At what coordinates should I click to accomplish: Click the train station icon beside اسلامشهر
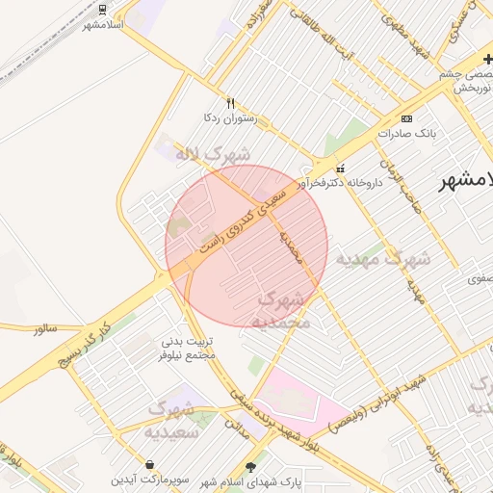(x=103, y=10)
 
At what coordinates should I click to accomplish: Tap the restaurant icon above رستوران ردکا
(x=230, y=102)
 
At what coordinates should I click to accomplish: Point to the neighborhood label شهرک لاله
(x=212, y=154)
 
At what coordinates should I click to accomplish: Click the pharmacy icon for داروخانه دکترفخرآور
(x=340, y=169)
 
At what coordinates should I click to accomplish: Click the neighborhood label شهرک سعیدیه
(x=170, y=420)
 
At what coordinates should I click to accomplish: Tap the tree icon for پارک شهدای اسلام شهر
(x=252, y=467)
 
